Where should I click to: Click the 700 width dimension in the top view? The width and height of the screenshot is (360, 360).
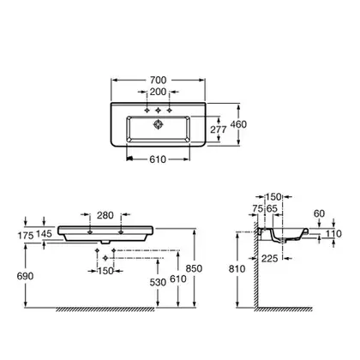(x=158, y=81)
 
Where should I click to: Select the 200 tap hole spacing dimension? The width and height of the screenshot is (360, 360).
(x=158, y=92)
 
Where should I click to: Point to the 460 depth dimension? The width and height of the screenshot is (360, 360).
(x=238, y=124)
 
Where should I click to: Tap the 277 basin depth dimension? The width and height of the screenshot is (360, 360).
(x=219, y=129)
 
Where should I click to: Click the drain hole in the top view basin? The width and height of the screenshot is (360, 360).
(x=158, y=124)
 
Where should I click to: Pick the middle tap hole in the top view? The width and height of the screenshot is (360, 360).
(x=158, y=111)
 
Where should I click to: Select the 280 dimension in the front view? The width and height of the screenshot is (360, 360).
(x=105, y=215)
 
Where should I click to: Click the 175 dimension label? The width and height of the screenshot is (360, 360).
(x=26, y=236)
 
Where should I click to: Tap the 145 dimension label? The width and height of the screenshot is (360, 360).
(x=45, y=234)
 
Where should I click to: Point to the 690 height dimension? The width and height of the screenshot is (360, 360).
(x=25, y=276)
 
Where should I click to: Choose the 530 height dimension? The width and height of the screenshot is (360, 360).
(x=158, y=282)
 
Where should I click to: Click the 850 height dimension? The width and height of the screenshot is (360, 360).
(x=194, y=268)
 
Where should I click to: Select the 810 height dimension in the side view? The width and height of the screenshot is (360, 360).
(x=237, y=269)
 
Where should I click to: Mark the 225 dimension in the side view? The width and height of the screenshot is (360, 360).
(x=270, y=259)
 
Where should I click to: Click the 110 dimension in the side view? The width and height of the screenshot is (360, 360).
(x=333, y=234)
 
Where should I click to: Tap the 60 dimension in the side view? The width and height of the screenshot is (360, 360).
(x=319, y=213)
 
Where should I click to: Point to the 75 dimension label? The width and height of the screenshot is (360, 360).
(x=258, y=208)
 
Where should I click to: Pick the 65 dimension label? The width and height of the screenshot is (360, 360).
(x=272, y=208)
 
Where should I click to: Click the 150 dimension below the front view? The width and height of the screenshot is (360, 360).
(x=105, y=271)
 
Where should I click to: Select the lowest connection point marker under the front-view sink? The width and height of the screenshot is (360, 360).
(x=105, y=258)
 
